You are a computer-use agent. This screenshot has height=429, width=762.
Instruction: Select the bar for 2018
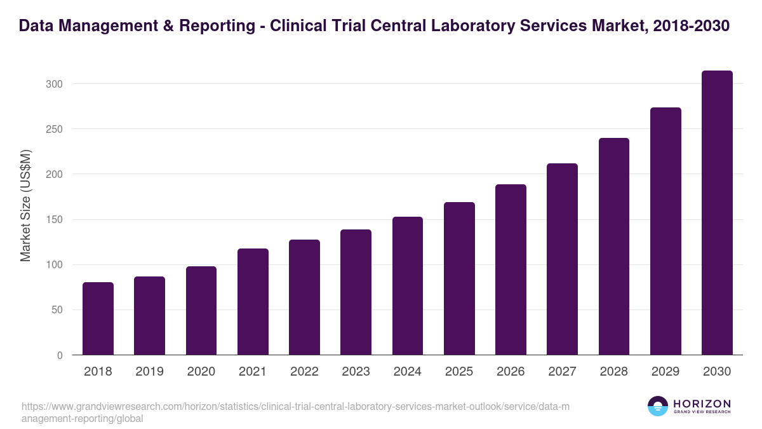tap(98, 318)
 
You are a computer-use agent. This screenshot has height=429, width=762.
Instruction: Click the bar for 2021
tap(253, 302)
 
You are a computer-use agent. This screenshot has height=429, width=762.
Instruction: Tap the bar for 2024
tap(408, 286)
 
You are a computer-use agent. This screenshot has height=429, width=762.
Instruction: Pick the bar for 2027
tap(562, 259)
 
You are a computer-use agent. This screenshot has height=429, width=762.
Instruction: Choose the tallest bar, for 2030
tap(717, 213)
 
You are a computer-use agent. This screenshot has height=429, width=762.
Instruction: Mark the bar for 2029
tap(665, 231)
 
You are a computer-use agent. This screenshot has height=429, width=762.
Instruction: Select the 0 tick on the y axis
tap(60, 355)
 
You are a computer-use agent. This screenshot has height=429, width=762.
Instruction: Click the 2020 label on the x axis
tap(201, 372)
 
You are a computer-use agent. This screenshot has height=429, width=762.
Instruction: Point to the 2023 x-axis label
tap(356, 372)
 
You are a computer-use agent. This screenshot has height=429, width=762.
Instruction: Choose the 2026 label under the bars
tap(511, 372)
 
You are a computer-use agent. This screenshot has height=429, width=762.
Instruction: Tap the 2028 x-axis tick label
tap(614, 372)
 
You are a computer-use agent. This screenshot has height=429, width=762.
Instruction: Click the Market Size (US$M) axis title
tap(25, 205)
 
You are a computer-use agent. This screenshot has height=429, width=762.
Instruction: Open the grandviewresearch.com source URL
tap(295, 412)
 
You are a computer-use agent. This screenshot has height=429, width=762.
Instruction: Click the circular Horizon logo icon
tap(657, 406)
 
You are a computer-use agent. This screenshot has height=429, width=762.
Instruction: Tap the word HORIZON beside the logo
tap(702, 403)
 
